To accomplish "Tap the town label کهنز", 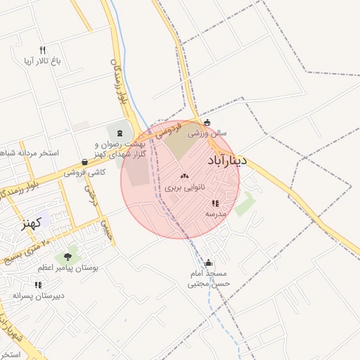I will (x=32, y=224).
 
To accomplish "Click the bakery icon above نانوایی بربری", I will (x=184, y=176).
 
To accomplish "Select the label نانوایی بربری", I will (x=186, y=188).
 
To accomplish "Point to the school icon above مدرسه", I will (x=215, y=202).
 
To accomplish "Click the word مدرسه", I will (x=215, y=213).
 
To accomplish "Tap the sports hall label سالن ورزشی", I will (x=212, y=132).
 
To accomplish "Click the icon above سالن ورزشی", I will (x=206, y=122).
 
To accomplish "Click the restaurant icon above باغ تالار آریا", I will (x=42, y=50).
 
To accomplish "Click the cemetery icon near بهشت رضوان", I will (x=119, y=134).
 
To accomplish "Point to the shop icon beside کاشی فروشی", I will (x=84, y=162).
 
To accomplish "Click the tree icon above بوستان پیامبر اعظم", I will (x=67, y=257).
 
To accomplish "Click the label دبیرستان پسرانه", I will (x=38, y=295).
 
